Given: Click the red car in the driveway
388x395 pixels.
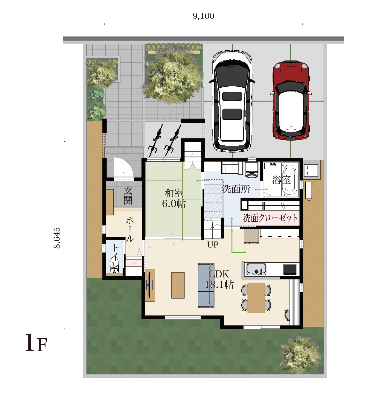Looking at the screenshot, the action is [x=291, y=100].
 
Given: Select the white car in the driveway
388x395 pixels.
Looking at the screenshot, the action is [x=232, y=101].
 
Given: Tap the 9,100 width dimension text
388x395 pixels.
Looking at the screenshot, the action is [x=204, y=16].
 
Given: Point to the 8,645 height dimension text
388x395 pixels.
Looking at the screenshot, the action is [x=57, y=238].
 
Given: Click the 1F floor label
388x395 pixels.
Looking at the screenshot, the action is [x=36, y=343].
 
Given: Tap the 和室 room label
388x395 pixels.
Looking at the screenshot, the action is [x=174, y=193].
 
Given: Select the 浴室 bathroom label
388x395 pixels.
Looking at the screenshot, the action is [x=281, y=180].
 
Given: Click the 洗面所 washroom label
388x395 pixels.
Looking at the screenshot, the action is [x=236, y=189].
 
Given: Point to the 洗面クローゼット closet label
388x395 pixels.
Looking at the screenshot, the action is [x=270, y=218].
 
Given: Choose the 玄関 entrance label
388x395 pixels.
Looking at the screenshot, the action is [x=128, y=196].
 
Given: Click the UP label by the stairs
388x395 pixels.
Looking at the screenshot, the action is [x=213, y=244].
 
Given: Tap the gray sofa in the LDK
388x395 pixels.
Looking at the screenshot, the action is [x=206, y=285].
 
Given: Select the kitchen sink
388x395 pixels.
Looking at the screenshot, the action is [x=256, y=269].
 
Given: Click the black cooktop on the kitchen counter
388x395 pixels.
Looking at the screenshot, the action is [x=290, y=269].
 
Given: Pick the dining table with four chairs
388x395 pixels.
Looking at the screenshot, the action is [x=256, y=298].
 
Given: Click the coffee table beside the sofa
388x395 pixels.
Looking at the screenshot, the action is [x=178, y=285].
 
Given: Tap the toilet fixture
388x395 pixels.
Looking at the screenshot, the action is [x=114, y=266].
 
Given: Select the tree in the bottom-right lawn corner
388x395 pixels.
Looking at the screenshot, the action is [x=301, y=354].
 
